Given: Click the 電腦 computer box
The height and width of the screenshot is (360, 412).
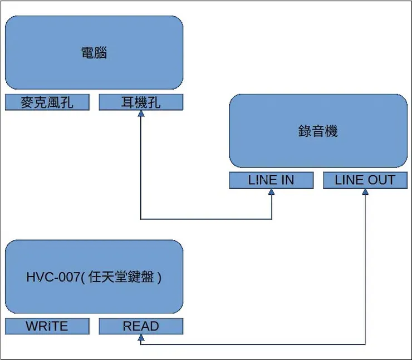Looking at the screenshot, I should coord(94,53).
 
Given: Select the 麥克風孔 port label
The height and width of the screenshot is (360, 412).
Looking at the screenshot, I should coord(47,102).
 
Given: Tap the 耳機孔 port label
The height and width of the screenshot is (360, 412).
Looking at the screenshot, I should coord(141,102).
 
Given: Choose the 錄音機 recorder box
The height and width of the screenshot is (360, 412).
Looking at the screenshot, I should coord(318,131).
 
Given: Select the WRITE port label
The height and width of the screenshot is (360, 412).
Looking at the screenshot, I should coord(47,327).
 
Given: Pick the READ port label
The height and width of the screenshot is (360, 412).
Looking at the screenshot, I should coord(141,327).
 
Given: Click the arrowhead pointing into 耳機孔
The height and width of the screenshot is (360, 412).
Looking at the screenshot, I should coord(141,114).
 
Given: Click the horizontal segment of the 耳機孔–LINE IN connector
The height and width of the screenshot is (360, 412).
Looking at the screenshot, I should coord(206,219).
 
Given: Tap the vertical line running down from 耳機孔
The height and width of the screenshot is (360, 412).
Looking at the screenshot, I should coord(141,167).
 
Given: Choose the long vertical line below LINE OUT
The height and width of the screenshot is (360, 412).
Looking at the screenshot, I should coord(365,267).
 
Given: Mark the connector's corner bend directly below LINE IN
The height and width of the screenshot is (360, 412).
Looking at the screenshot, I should coord(272,219).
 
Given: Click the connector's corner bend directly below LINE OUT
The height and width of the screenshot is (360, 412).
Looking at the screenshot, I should coord(365,344).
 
